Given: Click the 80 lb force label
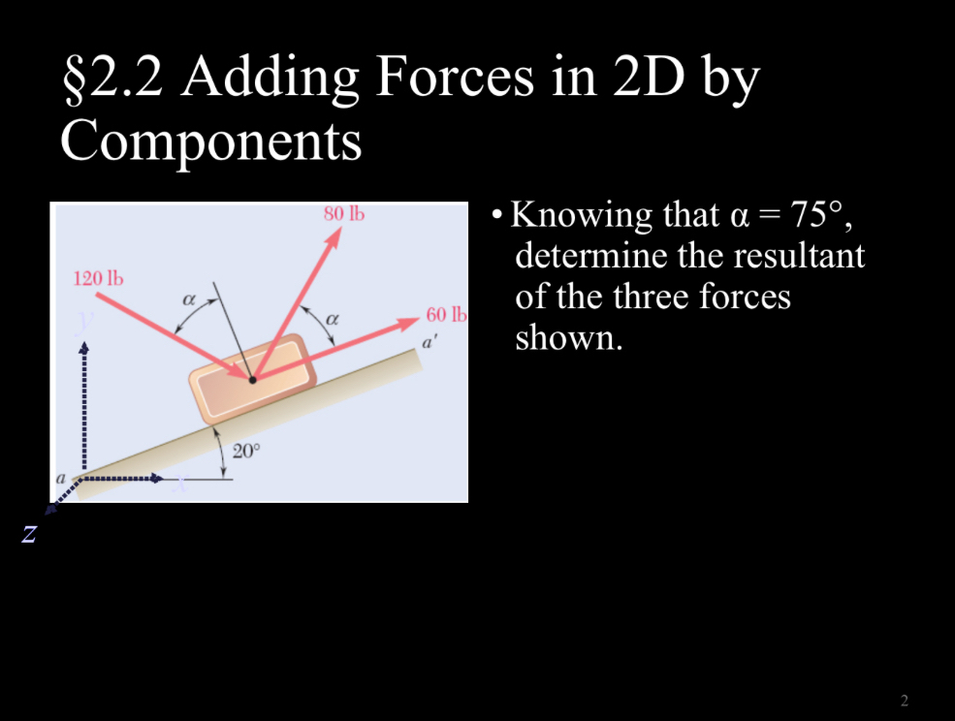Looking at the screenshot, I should coord(343,214).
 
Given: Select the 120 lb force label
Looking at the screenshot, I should coord(99,279).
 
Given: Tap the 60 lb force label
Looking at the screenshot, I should coord(446,315).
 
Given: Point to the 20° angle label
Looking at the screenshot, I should coord(247,451).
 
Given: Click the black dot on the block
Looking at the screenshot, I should coord(253,380).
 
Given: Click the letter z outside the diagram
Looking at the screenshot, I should coord(29,532).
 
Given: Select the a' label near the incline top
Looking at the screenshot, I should coord(426,342).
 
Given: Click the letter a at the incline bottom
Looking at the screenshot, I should coord(61,478).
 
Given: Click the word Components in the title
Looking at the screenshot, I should coord(210,141).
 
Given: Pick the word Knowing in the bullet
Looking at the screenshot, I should coord(578,215).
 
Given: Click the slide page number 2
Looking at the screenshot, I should coord(904,700).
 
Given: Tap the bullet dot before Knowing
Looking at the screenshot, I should coord(496,215).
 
